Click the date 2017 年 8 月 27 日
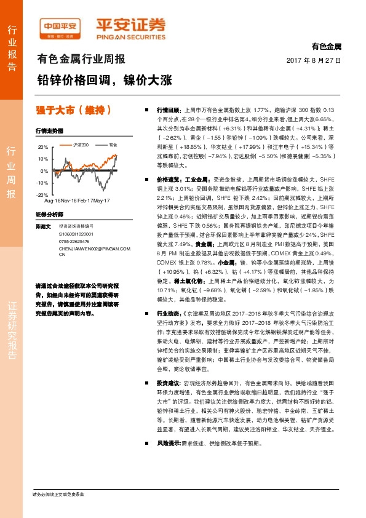314,60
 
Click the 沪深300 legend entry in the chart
80,144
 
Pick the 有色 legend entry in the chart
112,144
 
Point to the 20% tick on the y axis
42,148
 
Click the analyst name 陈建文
44,227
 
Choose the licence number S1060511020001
77,234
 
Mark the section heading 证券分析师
49,215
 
